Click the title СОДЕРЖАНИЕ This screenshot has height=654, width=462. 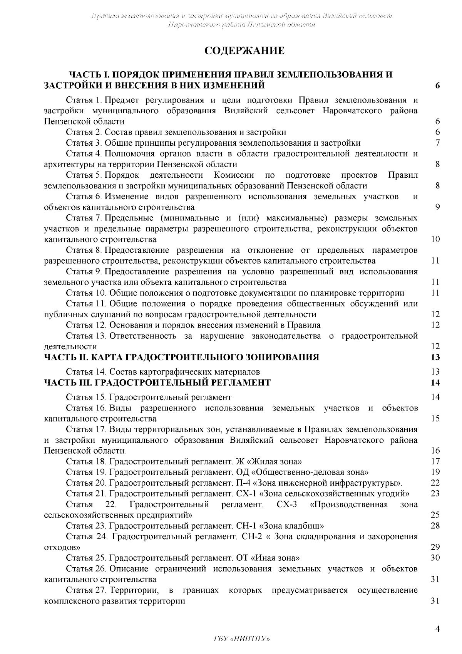tap(244, 51)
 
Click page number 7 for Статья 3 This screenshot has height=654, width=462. tap(437, 143)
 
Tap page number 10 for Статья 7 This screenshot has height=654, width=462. tap(435, 239)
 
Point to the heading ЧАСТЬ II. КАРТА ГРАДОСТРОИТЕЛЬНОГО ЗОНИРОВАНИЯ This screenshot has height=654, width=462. tap(182, 357)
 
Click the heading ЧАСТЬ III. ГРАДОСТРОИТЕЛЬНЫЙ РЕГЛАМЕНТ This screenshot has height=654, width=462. tap(157, 383)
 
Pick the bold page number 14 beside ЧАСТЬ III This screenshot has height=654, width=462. tap(435, 383)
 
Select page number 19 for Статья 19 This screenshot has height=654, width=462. tap(435, 472)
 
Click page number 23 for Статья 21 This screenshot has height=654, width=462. tap(435, 494)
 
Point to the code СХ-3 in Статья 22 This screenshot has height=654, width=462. tap(286, 504)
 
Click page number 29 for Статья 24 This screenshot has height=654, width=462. tap(435, 547)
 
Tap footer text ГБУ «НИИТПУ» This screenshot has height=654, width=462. tap(241, 639)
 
